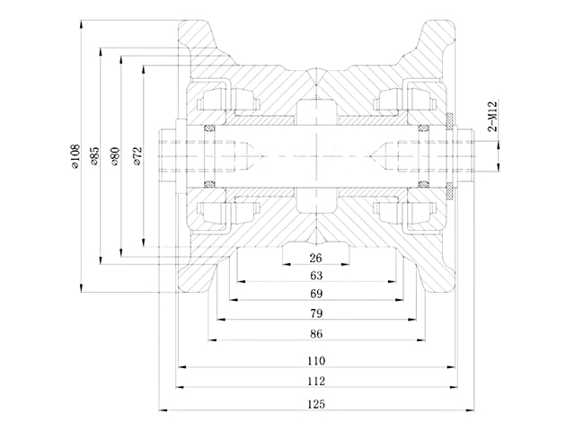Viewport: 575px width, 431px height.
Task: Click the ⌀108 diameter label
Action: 75,156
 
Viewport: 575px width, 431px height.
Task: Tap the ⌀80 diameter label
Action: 115,156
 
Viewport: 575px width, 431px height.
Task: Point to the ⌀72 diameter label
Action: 136,156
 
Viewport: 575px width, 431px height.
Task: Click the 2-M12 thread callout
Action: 492,118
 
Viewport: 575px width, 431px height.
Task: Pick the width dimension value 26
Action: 315,258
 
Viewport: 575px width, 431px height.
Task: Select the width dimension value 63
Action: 315,276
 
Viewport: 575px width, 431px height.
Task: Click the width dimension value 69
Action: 315,294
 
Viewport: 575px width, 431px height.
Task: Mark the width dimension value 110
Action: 315,361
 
